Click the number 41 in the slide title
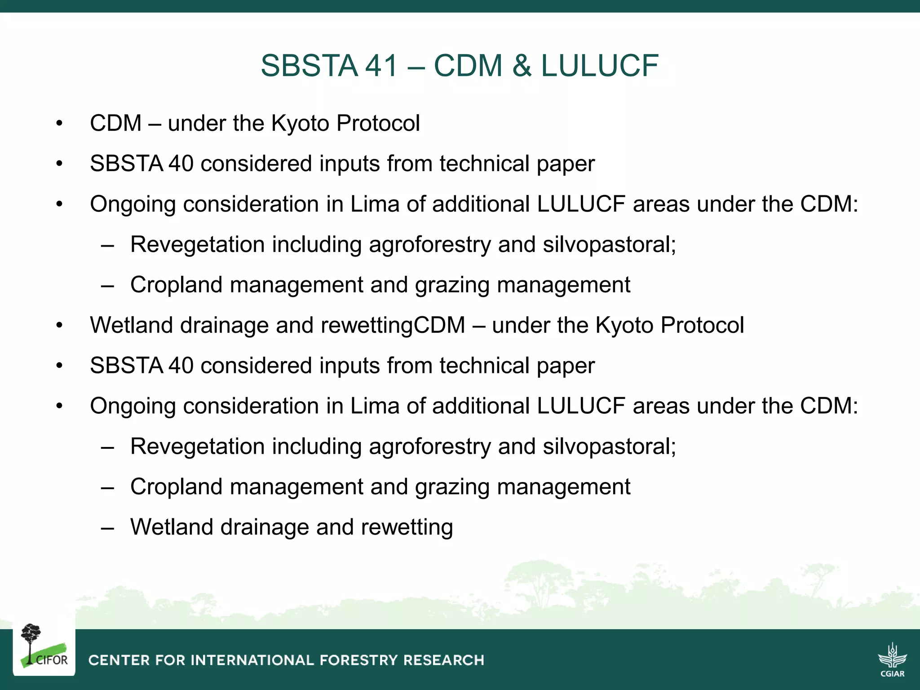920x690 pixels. point(381,66)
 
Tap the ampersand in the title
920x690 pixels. point(522,66)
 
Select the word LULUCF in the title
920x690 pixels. point(600,66)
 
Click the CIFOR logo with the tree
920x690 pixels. point(44,647)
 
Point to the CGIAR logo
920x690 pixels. point(892,659)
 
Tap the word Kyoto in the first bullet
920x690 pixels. point(300,123)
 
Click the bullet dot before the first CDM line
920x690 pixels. point(59,124)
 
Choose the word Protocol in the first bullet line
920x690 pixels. point(378,123)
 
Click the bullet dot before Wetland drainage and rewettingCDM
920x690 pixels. point(59,326)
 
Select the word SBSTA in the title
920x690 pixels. point(309,66)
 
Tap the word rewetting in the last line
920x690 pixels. point(407,527)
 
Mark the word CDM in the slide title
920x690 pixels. point(468,66)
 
